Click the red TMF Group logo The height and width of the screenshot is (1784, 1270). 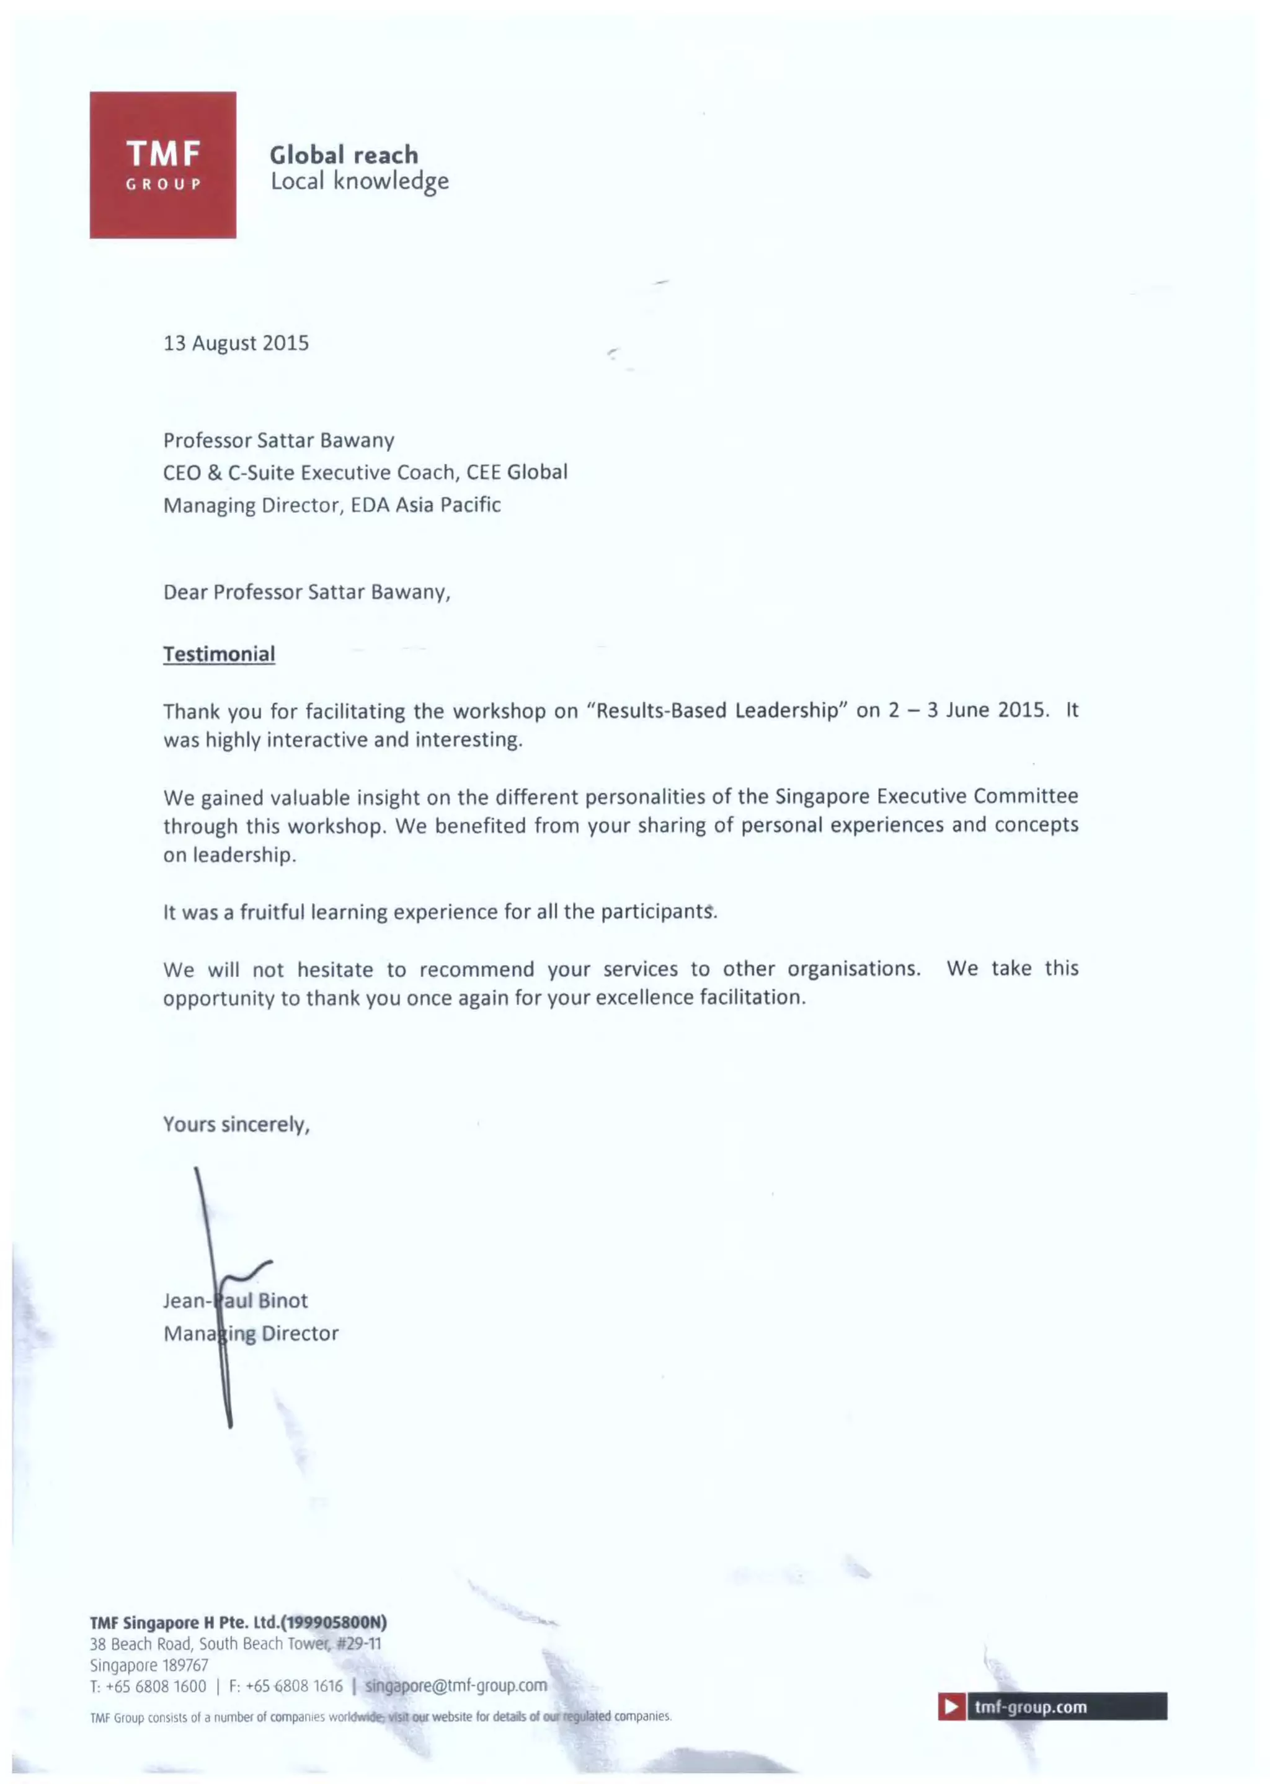[x=162, y=164]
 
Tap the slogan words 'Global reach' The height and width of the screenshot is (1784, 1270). [x=344, y=155]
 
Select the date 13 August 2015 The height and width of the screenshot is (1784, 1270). [x=236, y=344]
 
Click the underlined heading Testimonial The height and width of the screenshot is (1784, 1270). [x=219, y=654]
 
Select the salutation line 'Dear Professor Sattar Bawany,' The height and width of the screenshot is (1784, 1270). [x=306, y=592]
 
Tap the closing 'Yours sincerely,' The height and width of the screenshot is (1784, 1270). [x=236, y=1125]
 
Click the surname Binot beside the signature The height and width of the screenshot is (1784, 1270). [x=283, y=1301]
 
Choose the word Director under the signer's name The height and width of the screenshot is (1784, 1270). [x=300, y=1334]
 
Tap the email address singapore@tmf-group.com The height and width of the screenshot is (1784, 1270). [x=456, y=1685]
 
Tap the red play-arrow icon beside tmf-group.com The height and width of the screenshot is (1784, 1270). [x=951, y=1706]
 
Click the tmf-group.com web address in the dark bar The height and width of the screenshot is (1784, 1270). [x=1031, y=1706]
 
